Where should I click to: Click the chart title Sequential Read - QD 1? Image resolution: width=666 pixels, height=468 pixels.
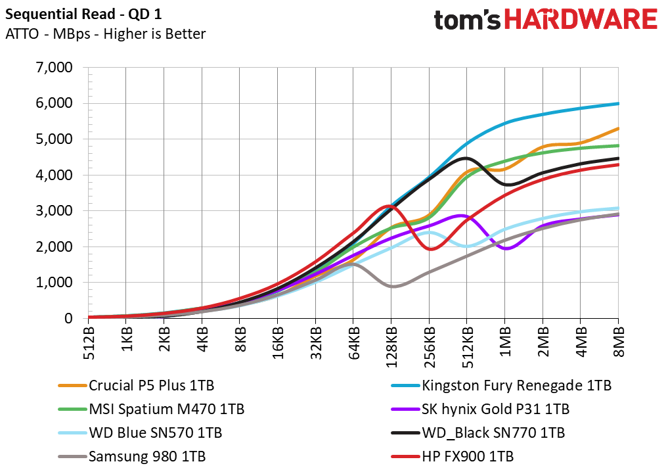pyautogui.click(x=83, y=14)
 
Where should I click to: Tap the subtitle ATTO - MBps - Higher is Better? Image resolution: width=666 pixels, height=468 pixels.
pyautogui.click(x=105, y=34)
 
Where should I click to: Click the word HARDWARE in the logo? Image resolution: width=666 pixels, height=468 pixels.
pyautogui.click(x=581, y=19)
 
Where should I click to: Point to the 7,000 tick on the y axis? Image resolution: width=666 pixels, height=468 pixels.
pyautogui.click(x=55, y=67)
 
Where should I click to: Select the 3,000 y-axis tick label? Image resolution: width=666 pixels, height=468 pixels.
pyautogui.click(x=55, y=211)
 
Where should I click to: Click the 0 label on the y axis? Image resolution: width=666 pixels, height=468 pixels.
pyautogui.click(x=68, y=318)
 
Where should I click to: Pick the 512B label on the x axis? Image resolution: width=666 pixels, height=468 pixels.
pyautogui.click(x=89, y=343)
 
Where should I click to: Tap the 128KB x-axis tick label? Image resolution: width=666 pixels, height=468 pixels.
pyautogui.click(x=391, y=347)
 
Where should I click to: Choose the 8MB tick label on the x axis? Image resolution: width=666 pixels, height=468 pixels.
pyautogui.click(x=619, y=342)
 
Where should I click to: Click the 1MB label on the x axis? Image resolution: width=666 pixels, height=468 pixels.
pyautogui.click(x=504, y=342)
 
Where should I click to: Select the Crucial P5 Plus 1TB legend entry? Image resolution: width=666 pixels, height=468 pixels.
pyautogui.click(x=137, y=386)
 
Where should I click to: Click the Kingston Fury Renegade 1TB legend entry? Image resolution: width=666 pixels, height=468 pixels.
pyautogui.click(x=501, y=386)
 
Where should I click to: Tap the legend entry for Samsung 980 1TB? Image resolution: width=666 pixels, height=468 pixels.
pyautogui.click(x=132, y=457)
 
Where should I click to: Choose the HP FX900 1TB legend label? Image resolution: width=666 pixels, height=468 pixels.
pyautogui.click(x=453, y=457)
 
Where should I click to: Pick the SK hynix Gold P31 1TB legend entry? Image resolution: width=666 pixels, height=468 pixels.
pyautogui.click(x=480, y=410)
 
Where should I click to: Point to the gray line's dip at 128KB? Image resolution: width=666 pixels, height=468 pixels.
pyautogui.click(x=393, y=286)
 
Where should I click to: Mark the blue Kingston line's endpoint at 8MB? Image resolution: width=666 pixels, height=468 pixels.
pyautogui.click(x=618, y=103)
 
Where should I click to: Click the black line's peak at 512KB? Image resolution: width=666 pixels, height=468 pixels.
pyautogui.click(x=466, y=158)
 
